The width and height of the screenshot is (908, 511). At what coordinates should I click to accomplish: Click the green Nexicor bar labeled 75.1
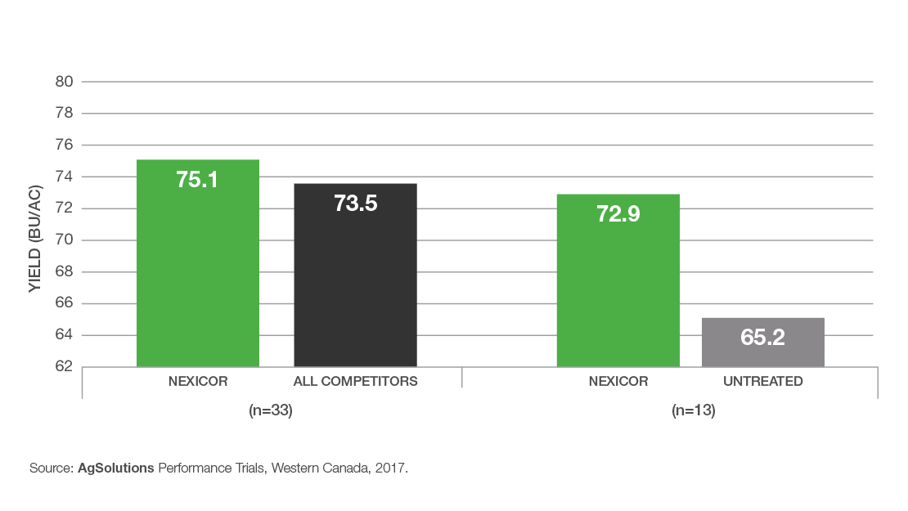click(x=197, y=270)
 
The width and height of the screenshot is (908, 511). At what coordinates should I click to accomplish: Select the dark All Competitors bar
click(x=355, y=286)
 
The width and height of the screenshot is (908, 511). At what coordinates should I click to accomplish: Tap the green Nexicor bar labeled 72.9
click(x=618, y=286)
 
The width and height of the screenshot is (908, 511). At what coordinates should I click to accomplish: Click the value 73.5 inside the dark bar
click(x=355, y=204)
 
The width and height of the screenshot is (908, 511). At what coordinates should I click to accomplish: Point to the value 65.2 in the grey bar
click(x=762, y=337)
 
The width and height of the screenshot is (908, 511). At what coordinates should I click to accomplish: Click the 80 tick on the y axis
click(x=65, y=82)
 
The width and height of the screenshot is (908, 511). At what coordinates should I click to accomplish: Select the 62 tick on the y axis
click(x=65, y=366)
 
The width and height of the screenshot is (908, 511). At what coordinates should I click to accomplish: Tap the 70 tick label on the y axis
click(x=65, y=240)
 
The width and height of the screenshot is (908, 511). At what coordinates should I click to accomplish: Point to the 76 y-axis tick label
click(x=65, y=145)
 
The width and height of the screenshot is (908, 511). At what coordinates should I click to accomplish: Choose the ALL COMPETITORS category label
click(x=355, y=381)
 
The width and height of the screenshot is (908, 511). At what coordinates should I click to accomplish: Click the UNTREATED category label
click(x=762, y=381)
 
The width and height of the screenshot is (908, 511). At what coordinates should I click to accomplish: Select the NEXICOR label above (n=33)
click(x=197, y=381)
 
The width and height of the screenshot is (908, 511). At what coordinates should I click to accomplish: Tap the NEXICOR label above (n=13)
click(x=618, y=381)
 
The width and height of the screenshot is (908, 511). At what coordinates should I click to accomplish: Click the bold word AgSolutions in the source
click(x=116, y=469)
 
